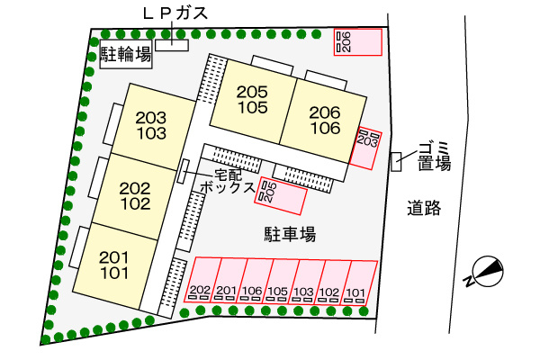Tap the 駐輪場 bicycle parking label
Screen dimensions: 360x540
124,55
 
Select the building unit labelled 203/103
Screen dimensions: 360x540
152,125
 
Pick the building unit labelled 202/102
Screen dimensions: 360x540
134,195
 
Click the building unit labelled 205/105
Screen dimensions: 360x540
253,99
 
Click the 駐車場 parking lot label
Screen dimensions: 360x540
289,235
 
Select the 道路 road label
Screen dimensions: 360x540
422,209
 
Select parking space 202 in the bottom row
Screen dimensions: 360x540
201,279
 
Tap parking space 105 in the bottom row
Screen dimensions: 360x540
278,280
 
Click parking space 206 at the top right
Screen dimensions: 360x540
357,41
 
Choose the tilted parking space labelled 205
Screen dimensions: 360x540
281,195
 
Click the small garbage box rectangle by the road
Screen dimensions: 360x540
396,161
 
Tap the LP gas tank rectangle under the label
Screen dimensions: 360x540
171,44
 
